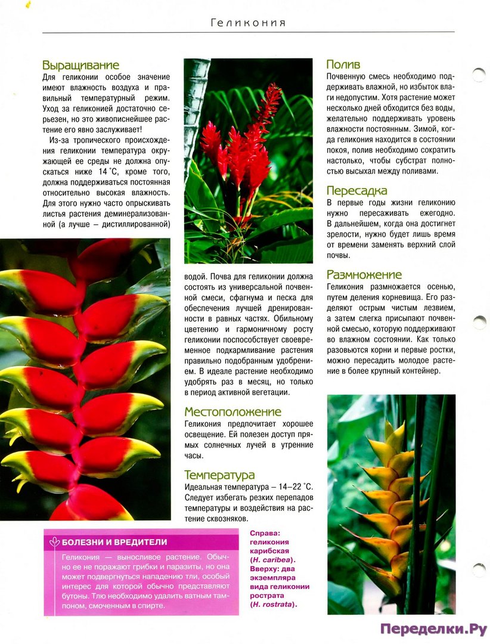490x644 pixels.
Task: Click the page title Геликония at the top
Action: click(248, 23)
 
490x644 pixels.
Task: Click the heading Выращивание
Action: click(80, 65)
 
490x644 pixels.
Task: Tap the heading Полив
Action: click(343, 64)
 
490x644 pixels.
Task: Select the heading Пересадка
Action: click(356, 191)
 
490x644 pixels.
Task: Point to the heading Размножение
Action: click(364, 275)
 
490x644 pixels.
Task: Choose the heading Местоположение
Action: click(232, 411)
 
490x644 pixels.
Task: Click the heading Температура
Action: click(219, 475)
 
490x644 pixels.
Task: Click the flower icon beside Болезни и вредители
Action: click(54, 542)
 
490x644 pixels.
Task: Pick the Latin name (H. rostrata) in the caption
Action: click(273, 604)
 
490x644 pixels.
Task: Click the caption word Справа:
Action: click(265, 534)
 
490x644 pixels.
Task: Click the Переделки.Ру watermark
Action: click(433, 629)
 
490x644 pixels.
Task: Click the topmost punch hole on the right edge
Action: click(478, 75)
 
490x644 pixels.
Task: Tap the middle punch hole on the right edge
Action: click(479, 322)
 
